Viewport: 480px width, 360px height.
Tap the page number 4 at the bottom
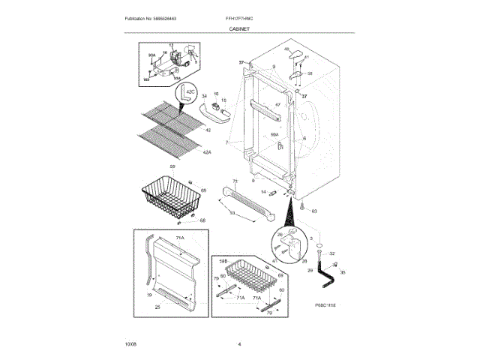click(239, 343)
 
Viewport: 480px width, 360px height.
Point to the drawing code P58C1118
click(325, 306)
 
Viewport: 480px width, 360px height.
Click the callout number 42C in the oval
click(190, 92)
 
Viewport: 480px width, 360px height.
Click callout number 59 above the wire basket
click(172, 166)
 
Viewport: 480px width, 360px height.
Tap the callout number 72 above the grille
click(234, 181)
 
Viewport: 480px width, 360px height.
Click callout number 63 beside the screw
click(314, 211)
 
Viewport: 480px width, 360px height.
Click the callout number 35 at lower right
click(343, 273)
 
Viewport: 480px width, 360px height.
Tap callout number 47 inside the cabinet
click(277, 105)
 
